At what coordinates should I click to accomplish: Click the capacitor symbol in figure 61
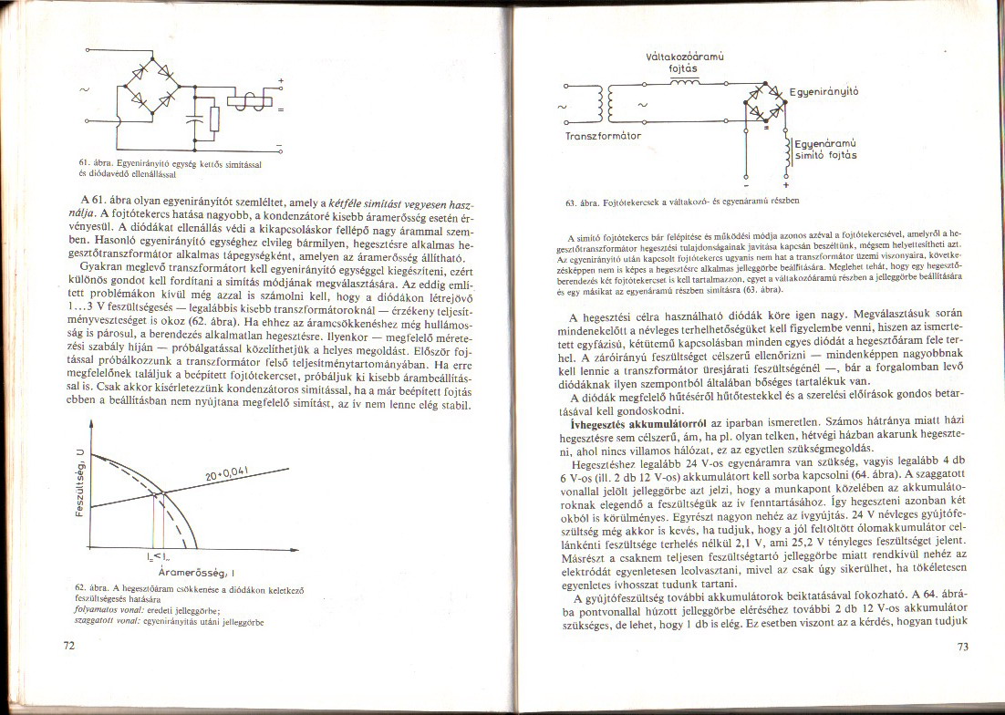(x=192, y=118)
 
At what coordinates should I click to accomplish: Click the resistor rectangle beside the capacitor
(x=214, y=119)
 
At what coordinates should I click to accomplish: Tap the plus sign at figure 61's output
(x=281, y=82)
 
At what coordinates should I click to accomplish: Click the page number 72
(x=67, y=646)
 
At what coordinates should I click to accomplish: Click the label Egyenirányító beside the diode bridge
(x=824, y=91)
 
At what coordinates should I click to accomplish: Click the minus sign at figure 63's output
(x=749, y=183)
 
